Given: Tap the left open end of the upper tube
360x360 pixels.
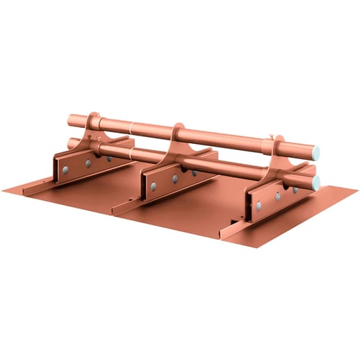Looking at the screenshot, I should click(x=70, y=120).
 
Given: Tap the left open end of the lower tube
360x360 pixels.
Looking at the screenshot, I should click(x=71, y=144).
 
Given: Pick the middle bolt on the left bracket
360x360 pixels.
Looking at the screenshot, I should click(x=88, y=163).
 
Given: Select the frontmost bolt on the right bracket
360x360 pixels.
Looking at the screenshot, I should click(x=259, y=206).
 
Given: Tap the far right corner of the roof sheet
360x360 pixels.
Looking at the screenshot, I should click(x=357, y=195).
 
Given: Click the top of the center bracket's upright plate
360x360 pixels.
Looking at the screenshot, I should click(x=179, y=129).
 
